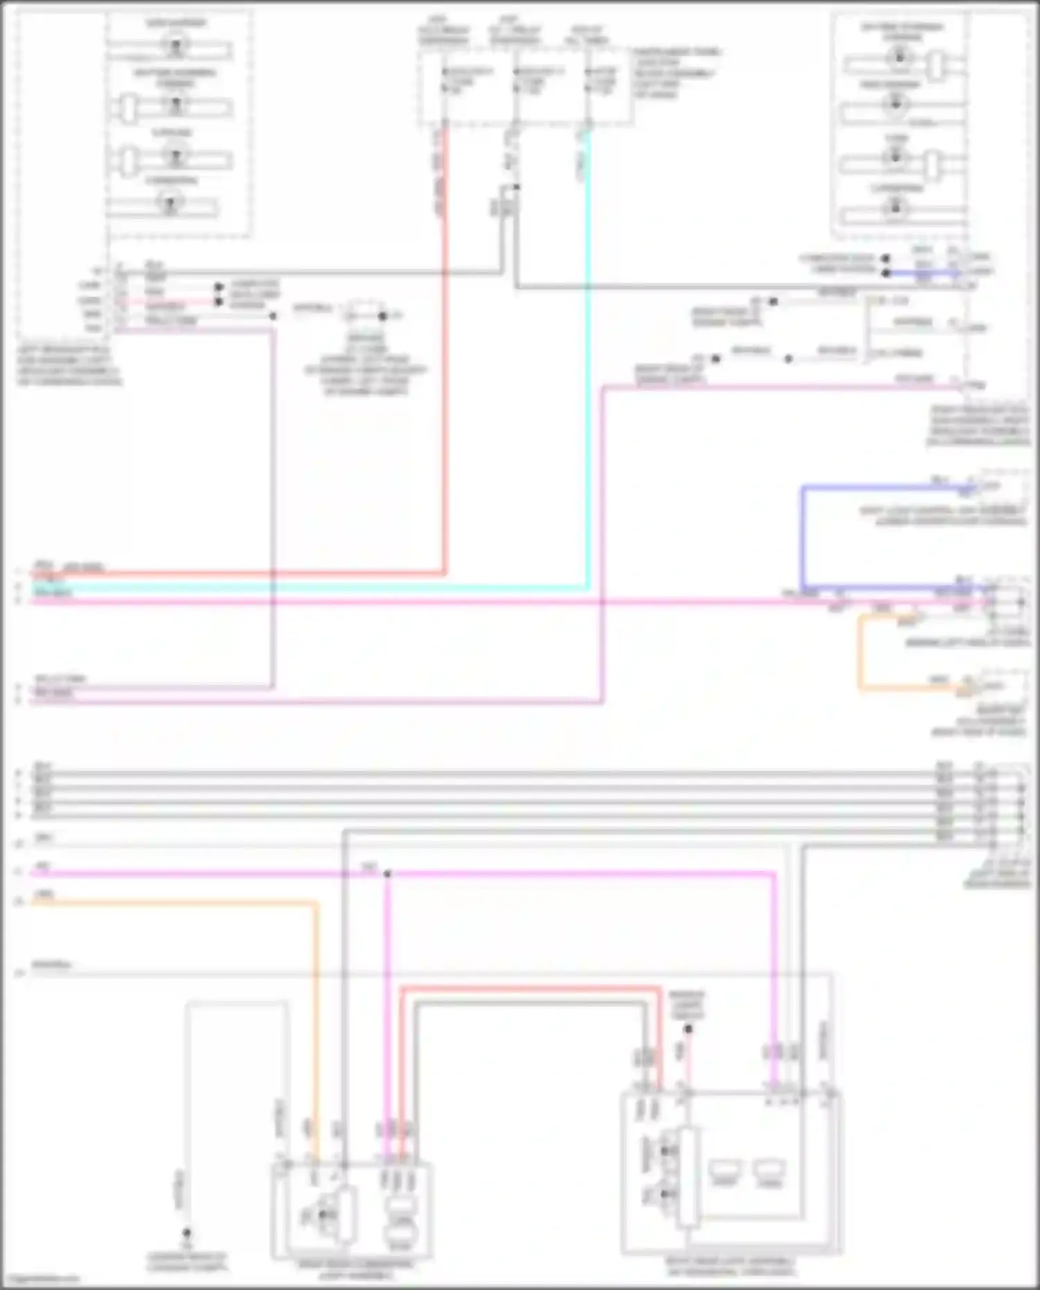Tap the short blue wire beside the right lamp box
tap(922, 273)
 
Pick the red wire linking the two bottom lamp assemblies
tap(527, 988)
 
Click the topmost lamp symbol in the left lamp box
tap(175, 46)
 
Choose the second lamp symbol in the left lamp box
tap(175, 105)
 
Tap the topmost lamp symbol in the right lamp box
tap(899, 56)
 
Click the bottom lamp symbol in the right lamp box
tap(895, 207)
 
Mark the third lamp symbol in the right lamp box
tap(895, 157)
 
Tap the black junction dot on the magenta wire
tap(388, 873)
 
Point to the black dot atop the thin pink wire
tap(688, 1029)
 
